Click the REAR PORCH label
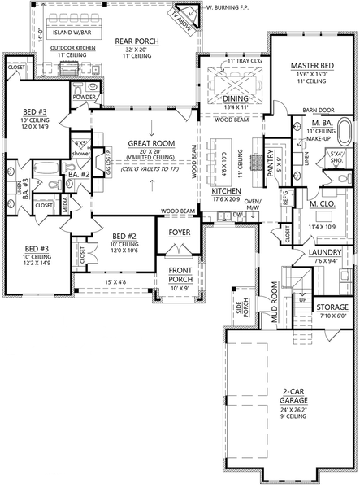137,41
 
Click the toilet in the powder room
95,85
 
